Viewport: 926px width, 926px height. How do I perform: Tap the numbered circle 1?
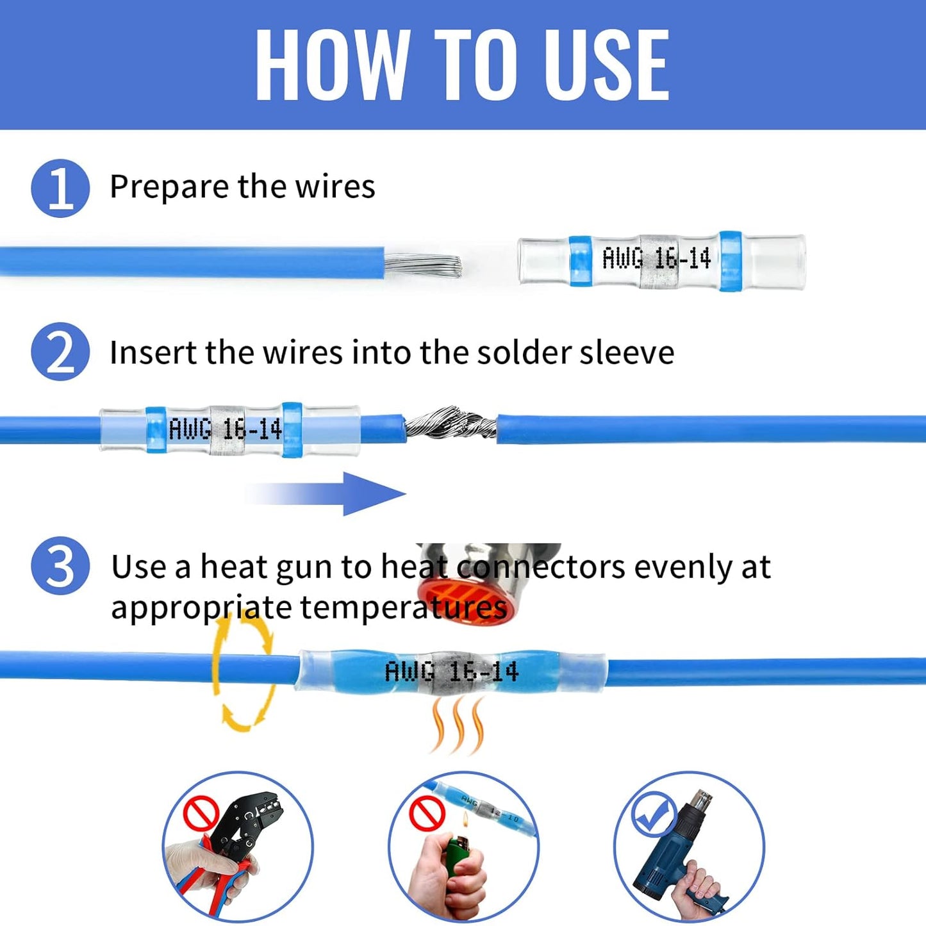pyautogui.click(x=60, y=188)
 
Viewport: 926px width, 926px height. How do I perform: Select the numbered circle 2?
pyautogui.click(x=60, y=352)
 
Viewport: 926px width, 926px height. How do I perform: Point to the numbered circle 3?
pyautogui.click(x=60, y=566)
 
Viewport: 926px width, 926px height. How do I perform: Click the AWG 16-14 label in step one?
pyautogui.click(x=656, y=259)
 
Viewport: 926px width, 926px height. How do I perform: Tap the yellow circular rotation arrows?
pyautogui.click(x=244, y=673)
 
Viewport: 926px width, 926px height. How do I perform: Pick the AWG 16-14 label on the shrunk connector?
pyautogui.click(x=451, y=672)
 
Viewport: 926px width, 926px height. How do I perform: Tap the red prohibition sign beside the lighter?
pyautogui.click(x=427, y=813)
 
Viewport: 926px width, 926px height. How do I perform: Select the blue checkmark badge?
pyautogui.click(x=653, y=813)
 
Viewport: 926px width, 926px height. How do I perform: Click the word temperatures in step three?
pyautogui.click(x=404, y=608)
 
